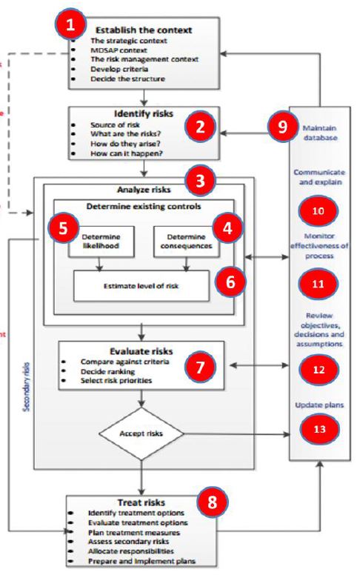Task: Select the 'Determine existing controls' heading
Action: coord(140,205)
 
